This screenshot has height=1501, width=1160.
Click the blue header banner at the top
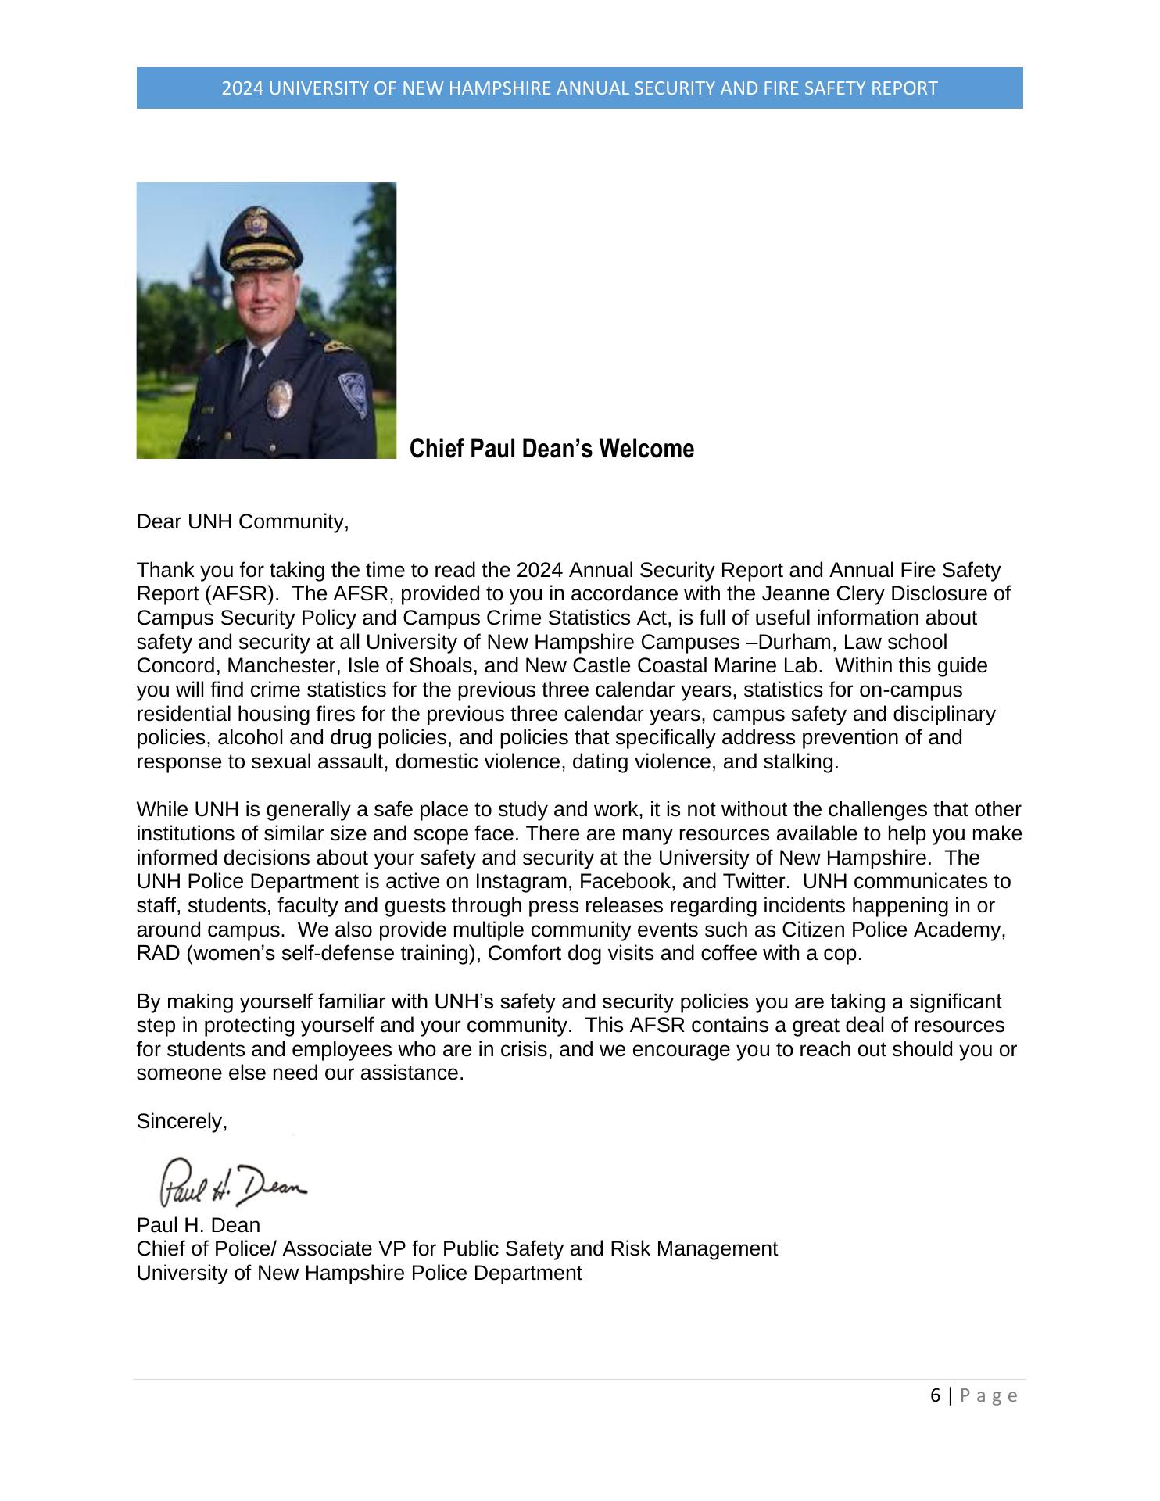pyautogui.click(x=579, y=88)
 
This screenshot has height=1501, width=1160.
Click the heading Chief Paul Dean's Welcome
pyautogui.click(x=552, y=450)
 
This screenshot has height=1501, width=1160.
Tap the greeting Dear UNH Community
pyautogui.click(x=242, y=521)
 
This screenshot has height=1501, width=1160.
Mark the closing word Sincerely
pyautogui.click(x=181, y=1122)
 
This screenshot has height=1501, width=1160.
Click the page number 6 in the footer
pyautogui.click(x=936, y=1396)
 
